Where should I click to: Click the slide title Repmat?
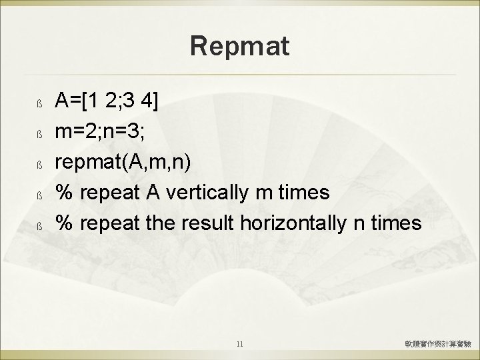point(239,47)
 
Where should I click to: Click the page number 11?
point(240,345)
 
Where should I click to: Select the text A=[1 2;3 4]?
point(107,101)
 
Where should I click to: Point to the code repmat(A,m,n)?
point(122,163)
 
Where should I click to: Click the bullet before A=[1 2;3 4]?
point(39,104)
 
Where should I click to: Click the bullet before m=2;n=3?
point(39,135)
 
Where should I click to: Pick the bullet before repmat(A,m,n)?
point(39,165)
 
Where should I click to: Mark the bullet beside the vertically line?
point(39,196)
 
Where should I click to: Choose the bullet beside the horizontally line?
point(39,227)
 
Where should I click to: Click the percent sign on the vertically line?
point(63,193)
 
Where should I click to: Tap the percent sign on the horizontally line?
point(63,224)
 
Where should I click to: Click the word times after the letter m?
point(306,193)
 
